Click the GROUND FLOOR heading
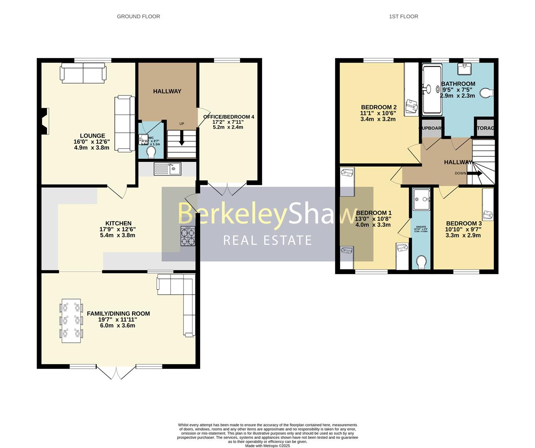coord(138,17)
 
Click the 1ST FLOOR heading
coord(403,17)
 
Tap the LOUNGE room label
coord(92,136)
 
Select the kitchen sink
coord(167,168)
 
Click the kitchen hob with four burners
coord(188,237)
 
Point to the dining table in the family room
coord(71,321)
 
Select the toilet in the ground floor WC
coord(151,153)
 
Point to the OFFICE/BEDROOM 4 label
coord(228,117)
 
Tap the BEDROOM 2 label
coord(378,107)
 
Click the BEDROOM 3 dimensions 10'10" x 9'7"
coord(463,229)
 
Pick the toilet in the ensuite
coord(421,262)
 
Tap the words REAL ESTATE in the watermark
coord(267,240)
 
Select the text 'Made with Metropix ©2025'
coord(267,446)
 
